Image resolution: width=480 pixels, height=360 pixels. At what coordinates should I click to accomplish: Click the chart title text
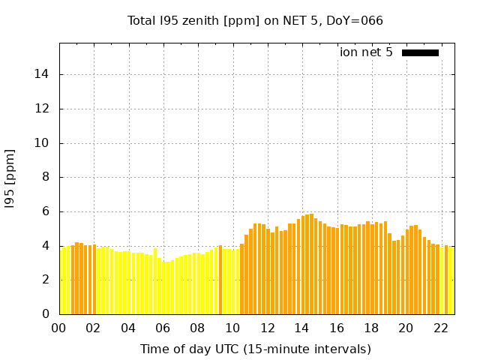pos(255,20)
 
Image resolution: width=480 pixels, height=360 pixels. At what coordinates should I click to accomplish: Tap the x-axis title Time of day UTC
pos(255,349)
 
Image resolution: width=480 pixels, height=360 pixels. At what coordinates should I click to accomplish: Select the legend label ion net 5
pos(366,52)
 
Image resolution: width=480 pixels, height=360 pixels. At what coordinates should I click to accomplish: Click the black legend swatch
pos(420,52)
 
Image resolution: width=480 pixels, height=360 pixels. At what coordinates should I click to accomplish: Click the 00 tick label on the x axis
pos(59,328)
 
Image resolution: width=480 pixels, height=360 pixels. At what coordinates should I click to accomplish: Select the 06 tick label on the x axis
pos(163,328)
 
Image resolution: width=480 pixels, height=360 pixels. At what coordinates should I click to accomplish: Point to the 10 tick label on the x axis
pos(232,328)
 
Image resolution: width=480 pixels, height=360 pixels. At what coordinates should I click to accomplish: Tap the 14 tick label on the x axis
pos(301,328)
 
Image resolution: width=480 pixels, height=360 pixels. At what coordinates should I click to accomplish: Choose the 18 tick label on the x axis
pos(371,328)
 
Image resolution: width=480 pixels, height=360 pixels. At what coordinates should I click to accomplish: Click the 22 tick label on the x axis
pos(440,328)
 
